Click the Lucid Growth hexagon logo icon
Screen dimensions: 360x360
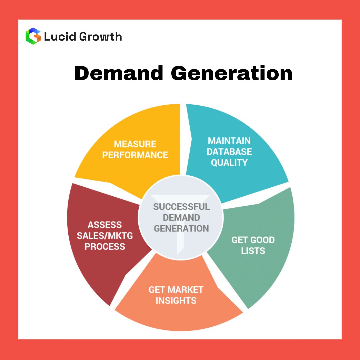[x=33, y=36]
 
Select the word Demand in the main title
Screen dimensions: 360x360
[x=118, y=73]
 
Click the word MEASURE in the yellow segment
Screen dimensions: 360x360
[x=135, y=144]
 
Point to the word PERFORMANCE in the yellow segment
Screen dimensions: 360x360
[x=135, y=155]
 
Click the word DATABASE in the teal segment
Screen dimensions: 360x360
[x=229, y=152]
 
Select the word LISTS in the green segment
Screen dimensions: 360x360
[x=253, y=251]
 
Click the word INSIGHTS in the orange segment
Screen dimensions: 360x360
[x=176, y=300]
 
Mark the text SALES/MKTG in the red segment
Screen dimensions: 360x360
[x=105, y=236]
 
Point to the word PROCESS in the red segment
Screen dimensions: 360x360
[x=105, y=247]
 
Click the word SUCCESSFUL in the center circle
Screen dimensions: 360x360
[x=181, y=207]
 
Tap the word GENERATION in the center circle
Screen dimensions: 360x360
[x=181, y=229]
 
